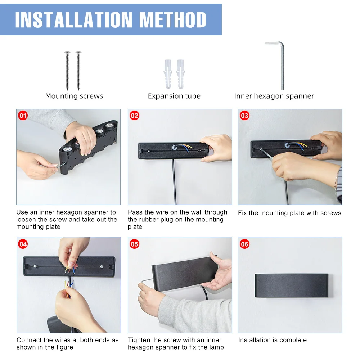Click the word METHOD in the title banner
point(173,20)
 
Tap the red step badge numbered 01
point(23,116)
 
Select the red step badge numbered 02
point(135,116)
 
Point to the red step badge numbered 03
point(245,116)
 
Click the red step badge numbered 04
point(23,244)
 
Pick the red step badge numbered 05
point(135,244)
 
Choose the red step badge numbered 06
point(245,244)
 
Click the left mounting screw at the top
point(67,71)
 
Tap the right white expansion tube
point(180,74)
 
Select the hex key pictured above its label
point(282,67)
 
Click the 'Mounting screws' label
point(74,96)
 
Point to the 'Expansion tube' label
point(174,96)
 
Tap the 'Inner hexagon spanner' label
point(274,96)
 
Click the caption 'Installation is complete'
point(273,340)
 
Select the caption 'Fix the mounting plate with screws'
point(289,213)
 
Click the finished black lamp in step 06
point(292,285)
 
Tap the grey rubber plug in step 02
point(175,147)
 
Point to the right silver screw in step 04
point(102,266)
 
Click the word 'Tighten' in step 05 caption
point(139,340)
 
